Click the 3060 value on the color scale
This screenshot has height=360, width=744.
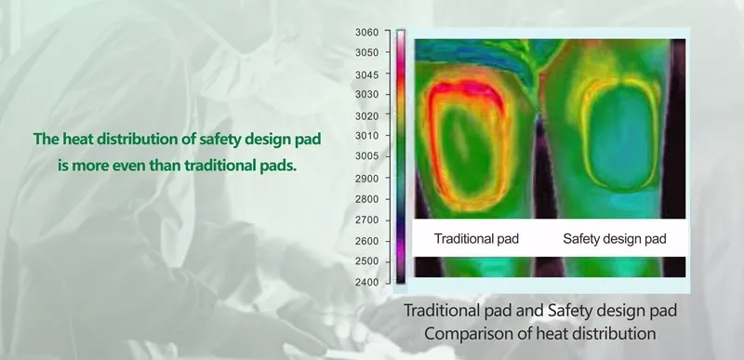click(x=367, y=33)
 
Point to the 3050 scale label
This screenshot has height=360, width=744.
click(x=367, y=53)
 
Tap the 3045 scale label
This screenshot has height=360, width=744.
click(x=367, y=73)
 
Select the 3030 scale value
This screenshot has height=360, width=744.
click(x=367, y=94)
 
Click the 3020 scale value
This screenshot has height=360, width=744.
click(x=367, y=115)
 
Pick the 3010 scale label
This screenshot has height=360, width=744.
click(x=367, y=136)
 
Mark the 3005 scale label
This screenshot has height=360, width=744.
click(x=367, y=156)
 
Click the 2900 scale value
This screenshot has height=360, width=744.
click(x=367, y=178)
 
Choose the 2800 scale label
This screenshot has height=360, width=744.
click(x=367, y=198)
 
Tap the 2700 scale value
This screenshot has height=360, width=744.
click(x=367, y=220)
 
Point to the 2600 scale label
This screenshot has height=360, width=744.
click(x=367, y=240)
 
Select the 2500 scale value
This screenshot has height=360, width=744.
click(x=367, y=260)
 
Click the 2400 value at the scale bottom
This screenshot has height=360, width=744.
click(x=367, y=281)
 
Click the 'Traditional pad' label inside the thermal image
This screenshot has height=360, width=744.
click(x=476, y=239)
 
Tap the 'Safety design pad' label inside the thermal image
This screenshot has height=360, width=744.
click(x=615, y=239)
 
